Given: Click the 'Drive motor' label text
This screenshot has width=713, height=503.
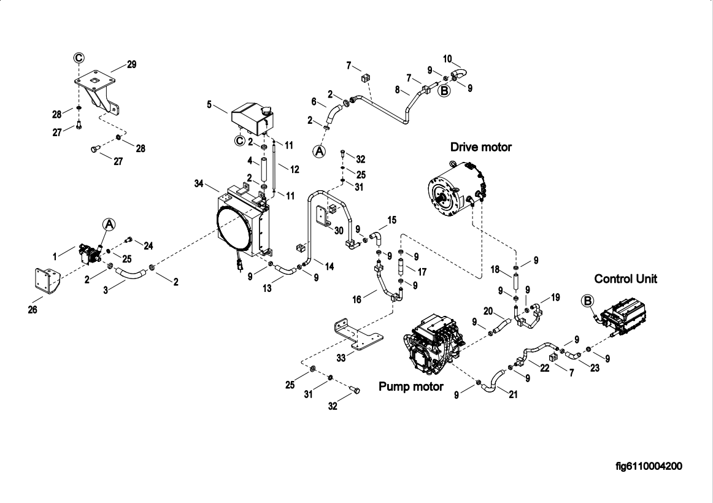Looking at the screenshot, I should click(480, 147).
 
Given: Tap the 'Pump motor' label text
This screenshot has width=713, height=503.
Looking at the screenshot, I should click(410, 386).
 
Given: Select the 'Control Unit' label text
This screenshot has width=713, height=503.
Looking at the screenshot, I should click(625, 279).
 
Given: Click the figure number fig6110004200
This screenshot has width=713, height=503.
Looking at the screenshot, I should click(649, 466).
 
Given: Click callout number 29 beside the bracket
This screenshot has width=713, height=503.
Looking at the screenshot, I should click(131, 64).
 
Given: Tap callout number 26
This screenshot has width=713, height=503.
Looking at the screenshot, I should click(33, 310).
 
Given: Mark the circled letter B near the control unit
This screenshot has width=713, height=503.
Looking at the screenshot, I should click(587, 301).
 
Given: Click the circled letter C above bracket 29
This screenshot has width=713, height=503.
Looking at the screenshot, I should click(79, 57).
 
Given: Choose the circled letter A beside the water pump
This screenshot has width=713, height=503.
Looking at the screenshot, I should click(108, 224).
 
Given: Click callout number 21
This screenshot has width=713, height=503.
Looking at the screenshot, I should click(513, 394).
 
